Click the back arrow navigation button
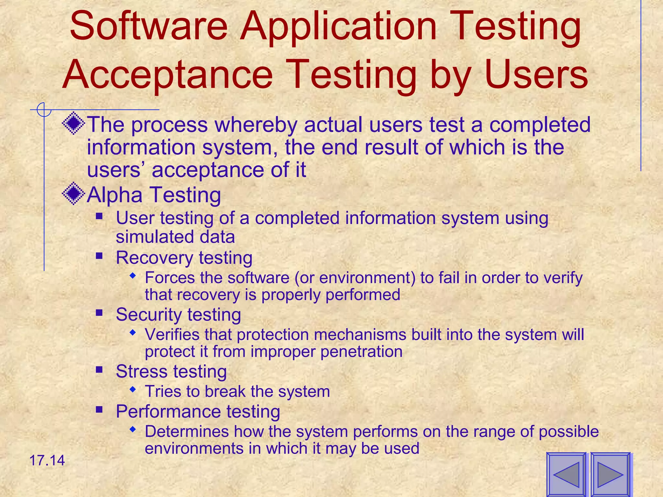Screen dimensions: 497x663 point(566,474)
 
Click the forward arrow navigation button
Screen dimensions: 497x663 point(610,474)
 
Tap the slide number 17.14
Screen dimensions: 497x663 point(47,460)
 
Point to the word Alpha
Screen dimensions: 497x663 point(115,195)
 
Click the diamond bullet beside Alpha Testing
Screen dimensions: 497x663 point(73,193)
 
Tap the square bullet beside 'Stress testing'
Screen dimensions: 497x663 point(99,369)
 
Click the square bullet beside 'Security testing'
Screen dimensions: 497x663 point(99,313)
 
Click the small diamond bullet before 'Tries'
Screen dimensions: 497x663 point(132,389)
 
